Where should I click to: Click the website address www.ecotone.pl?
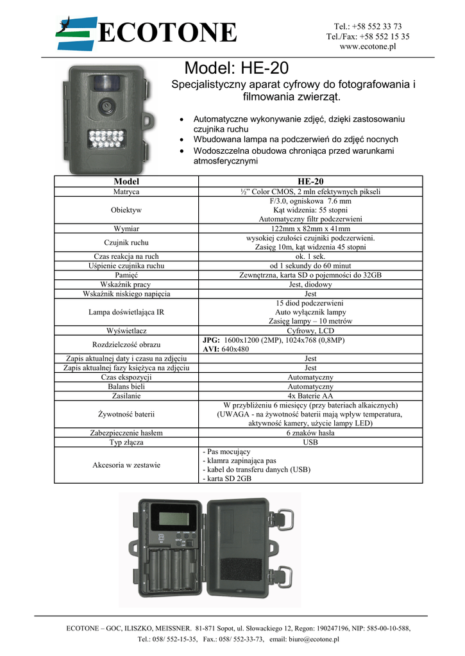click(368, 47)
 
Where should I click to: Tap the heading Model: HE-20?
click(237, 68)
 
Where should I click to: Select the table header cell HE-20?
click(310, 181)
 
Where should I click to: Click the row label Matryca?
click(126, 192)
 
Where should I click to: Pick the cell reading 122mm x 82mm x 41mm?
click(310, 229)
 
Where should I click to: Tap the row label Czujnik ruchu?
click(126, 242)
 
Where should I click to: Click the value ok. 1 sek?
click(310, 256)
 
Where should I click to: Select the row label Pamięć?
click(126, 275)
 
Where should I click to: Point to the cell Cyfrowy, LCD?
click(310, 331)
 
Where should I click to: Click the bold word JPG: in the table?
click(212, 340)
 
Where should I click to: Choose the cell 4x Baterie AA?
click(310, 397)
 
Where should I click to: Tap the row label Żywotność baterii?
click(126, 414)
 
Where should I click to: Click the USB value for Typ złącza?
click(310, 442)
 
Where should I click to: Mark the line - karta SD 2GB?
click(227, 479)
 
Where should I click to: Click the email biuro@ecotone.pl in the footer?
click(304, 639)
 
